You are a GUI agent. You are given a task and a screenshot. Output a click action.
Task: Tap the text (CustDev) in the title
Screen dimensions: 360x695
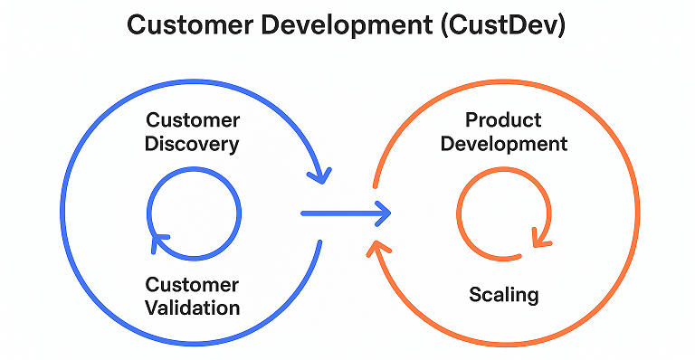504,25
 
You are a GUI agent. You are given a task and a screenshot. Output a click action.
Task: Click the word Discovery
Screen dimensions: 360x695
193,144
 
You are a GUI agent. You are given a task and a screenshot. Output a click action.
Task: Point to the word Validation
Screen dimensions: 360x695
193,308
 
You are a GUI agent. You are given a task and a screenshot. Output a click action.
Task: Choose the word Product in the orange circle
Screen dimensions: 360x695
503,120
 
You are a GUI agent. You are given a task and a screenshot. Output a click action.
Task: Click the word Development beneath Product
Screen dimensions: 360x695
503,143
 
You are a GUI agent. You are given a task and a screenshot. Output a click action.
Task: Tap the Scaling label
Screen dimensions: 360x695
503,294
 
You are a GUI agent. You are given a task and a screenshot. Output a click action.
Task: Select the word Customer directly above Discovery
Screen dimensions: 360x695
193,120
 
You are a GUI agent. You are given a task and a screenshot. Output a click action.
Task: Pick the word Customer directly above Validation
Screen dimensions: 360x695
193,285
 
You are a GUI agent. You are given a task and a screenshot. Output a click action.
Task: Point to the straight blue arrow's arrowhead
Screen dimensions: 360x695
383,213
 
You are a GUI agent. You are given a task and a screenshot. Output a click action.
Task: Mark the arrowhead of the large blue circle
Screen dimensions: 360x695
319,171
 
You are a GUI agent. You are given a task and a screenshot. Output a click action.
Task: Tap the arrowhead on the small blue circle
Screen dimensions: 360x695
160,239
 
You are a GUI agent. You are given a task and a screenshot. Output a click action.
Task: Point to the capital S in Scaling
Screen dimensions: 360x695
474,294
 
